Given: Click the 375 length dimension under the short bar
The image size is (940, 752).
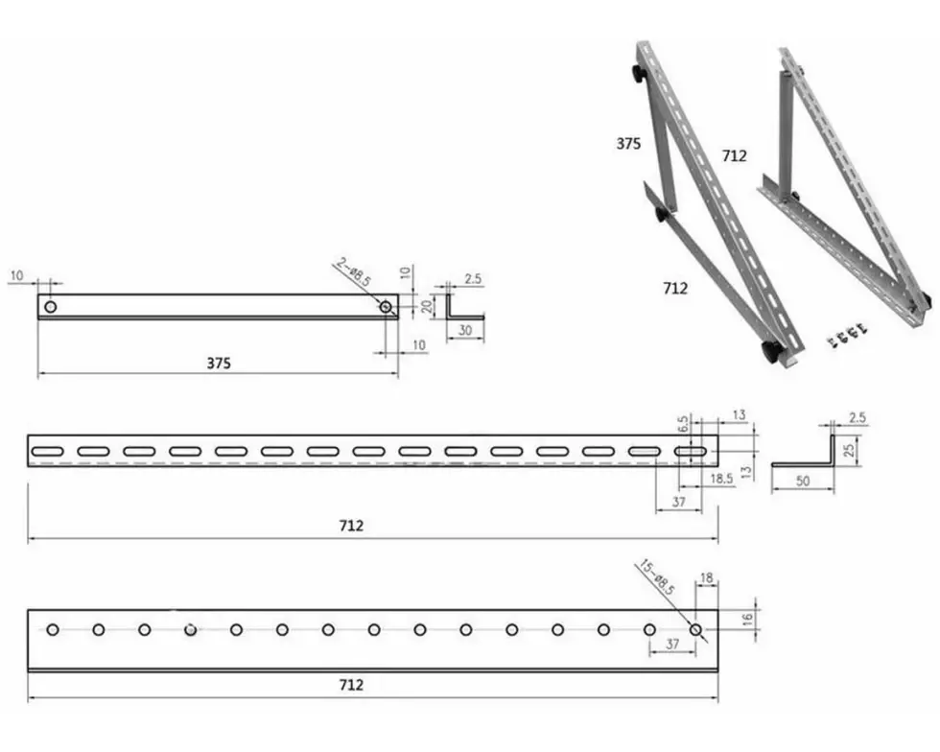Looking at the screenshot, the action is pyautogui.click(x=219, y=363).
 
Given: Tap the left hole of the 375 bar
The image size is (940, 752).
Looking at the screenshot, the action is pyautogui.click(x=51, y=307).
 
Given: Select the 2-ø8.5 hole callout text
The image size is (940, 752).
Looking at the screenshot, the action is pyautogui.click(x=354, y=271).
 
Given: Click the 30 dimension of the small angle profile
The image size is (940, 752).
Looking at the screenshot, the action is pyautogui.click(x=465, y=330).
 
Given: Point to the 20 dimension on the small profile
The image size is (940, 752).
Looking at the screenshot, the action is pyautogui.click(x=427, y=306).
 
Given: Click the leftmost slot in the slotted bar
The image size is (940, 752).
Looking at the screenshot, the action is pyautogui.click(x=47, y=451).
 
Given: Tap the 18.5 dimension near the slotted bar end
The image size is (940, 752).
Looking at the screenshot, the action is pyautogui.click(x=721, y=478).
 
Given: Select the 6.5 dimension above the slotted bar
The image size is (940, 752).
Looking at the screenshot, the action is pyautogui.click(x=683, y=425).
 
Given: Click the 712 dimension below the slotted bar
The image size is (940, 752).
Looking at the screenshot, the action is pyautogui.click(x=351, y=526).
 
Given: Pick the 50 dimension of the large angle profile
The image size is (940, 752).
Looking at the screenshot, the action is pyautogui.click(x=803, y=481).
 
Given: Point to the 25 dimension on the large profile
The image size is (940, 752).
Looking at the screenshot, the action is pyautogui.click(x=849, y=450).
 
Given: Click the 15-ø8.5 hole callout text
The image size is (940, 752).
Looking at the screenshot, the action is pyautogui.click(x=655, y=577).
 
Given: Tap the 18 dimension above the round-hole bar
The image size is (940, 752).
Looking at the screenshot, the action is pyautogui.click(x=707, y=578).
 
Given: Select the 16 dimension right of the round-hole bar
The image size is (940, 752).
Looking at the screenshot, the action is pyautogui.click(x=747, y=620).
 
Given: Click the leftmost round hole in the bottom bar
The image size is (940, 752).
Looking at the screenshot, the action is pyautogui.click(x=53, y=629).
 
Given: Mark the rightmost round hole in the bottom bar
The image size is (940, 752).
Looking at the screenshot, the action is pyautogui.click(x=695, y=629).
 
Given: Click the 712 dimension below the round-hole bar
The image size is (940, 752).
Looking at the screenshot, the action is pyautogui.click(x=351, y=685).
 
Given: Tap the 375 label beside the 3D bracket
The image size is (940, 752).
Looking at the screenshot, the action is pyautogui.click(x=628, y=143).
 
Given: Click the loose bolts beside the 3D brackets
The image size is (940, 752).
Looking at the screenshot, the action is pyautogui.click(x=848, y=335).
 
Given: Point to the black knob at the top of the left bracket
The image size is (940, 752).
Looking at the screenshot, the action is pyautogui.click(x=638, y=75).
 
